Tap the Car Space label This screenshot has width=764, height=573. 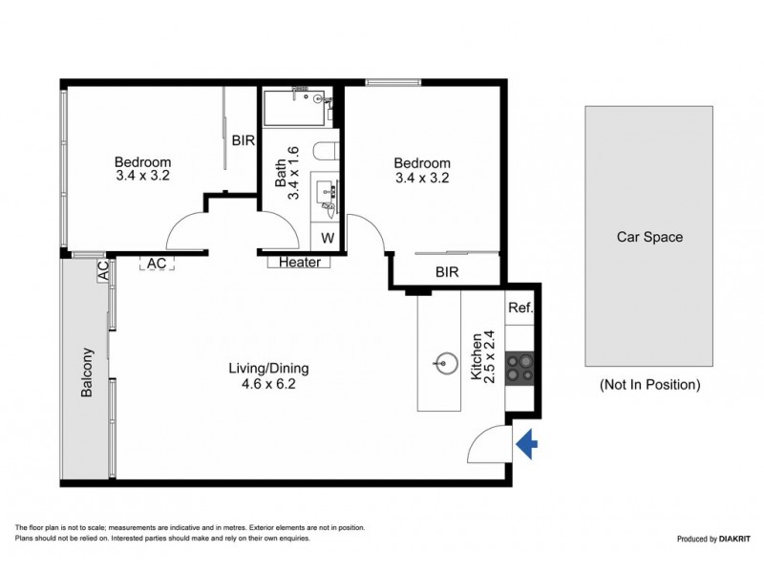tap(650, 237)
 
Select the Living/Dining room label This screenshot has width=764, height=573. tap(268, 368)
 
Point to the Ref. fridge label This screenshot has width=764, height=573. tap(520, 308)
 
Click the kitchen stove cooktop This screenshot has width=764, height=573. tap(520, 367)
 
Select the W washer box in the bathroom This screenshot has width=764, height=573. tap(326, 237)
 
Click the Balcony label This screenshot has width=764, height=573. tap(87, 372)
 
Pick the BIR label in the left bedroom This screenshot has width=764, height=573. tap(243, 140)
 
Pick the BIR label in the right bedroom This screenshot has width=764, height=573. tap(447, 272)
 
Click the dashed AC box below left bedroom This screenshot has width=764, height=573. tap(155, 262)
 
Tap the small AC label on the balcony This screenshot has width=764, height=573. tap(102, 272)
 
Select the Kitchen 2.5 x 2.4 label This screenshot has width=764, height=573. tap(483, 356)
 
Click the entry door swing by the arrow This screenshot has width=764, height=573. tap(490, 442)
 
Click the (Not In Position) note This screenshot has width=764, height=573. tap(650, 385)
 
